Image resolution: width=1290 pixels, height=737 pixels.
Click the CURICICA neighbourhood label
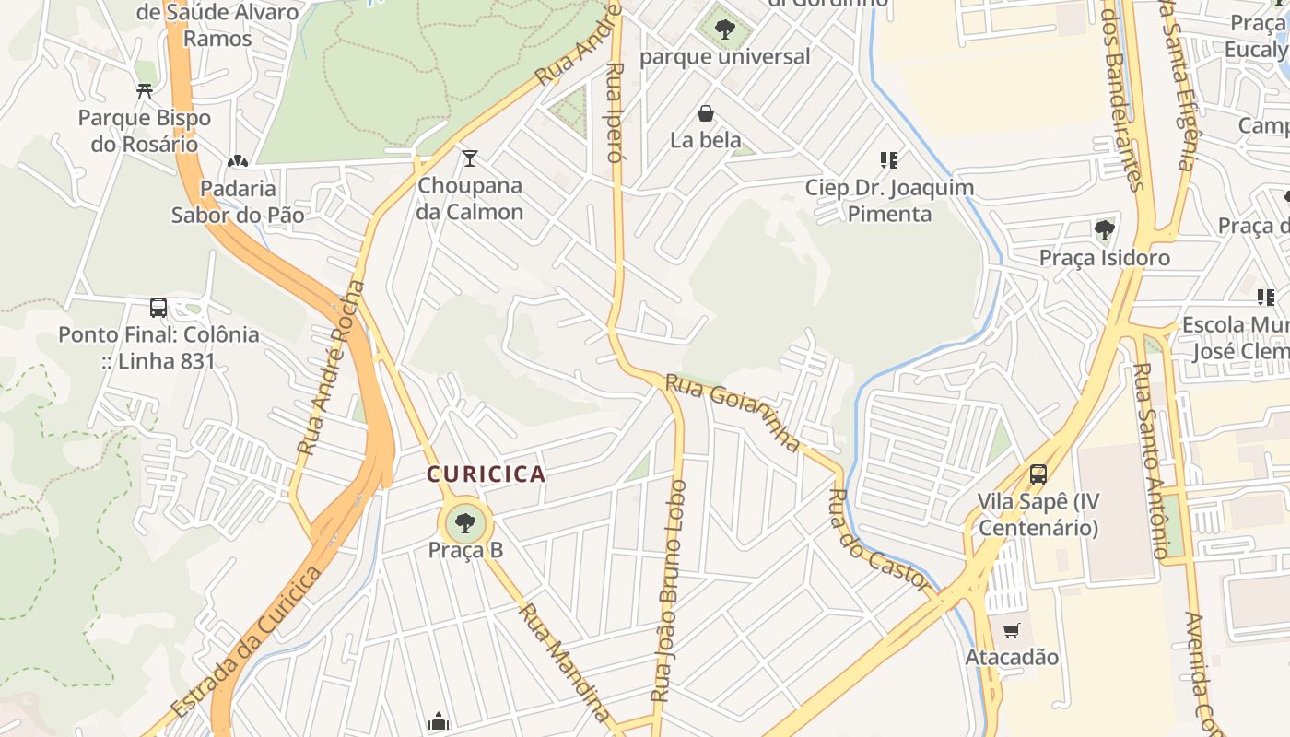pyautogui.click(x=486, y=474)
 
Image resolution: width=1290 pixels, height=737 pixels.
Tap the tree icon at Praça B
pyautogui.click(x=465, y=523)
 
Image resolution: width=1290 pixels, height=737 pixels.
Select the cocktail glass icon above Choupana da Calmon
pyautogui.click(x=470, y=158)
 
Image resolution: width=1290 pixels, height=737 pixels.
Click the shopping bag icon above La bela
pyautogui.click(x=705, y=113)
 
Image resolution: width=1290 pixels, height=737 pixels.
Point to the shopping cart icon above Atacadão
pyautogui.click(x=1011, y=631)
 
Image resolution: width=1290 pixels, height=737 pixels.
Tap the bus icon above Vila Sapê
pyautogui.click(x=1038, y=474)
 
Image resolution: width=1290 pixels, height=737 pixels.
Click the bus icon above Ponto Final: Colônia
pyautogui.click(x=158, y=308)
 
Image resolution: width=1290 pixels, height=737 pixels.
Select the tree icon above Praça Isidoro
pyautogui.click(x=1104, y=229)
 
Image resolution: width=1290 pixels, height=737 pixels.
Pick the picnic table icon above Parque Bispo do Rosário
pyautogui.click(x=144, y=90)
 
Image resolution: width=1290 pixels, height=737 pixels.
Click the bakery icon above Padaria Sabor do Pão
pyautogui.click(x=238, y=161)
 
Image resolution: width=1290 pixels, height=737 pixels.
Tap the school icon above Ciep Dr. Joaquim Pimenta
pyautogui.click(x=889, y=160)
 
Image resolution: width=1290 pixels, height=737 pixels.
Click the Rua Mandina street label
pyautogui.click(x=564, y=661)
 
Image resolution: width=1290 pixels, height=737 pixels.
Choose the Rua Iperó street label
pyautogui.click(x=616, y=112)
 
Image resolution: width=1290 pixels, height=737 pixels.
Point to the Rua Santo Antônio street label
pyautogui.click(x=1151, y=461)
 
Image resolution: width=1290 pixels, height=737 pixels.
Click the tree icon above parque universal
pyautogui.click(x=724, y=29)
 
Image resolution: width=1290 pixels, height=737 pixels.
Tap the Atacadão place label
pyautogui.click(x=1011, y=658)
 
